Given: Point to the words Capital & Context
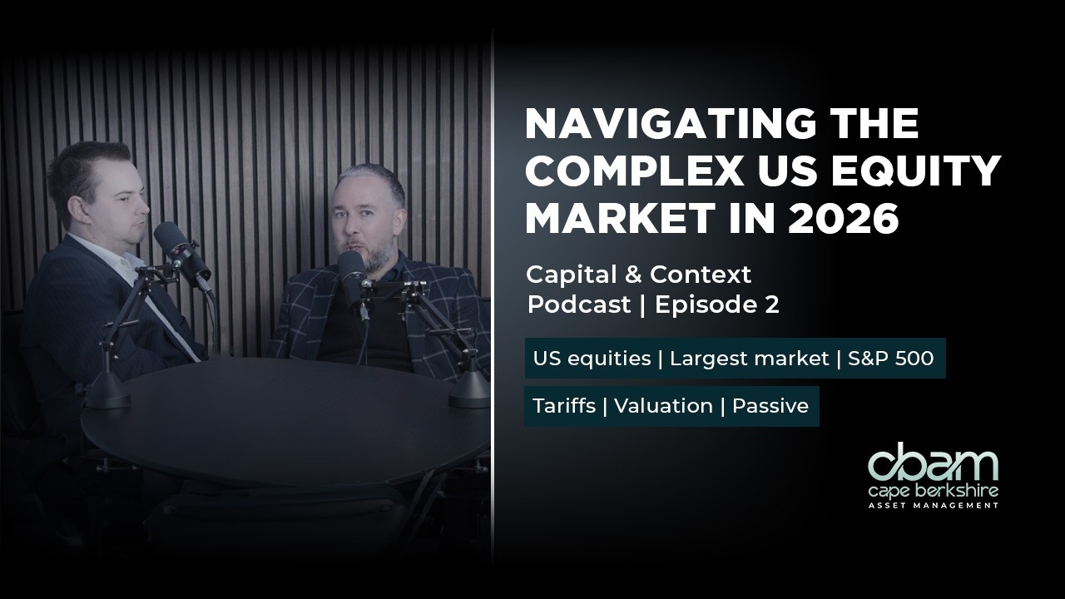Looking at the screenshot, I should (x=638, y=274).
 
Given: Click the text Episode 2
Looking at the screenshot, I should (x=716, y=305).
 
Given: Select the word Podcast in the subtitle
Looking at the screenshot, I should (x=579, y=305).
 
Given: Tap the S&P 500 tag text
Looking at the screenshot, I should (x=890, y=359).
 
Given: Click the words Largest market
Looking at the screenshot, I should (x=749, y=359).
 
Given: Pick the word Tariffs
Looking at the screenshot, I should (x=562, y=406).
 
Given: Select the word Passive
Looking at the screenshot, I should (x=770, y=406).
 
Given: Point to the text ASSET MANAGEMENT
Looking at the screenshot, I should (x=933, y=505).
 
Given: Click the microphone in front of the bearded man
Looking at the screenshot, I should (x=354, y=275).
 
